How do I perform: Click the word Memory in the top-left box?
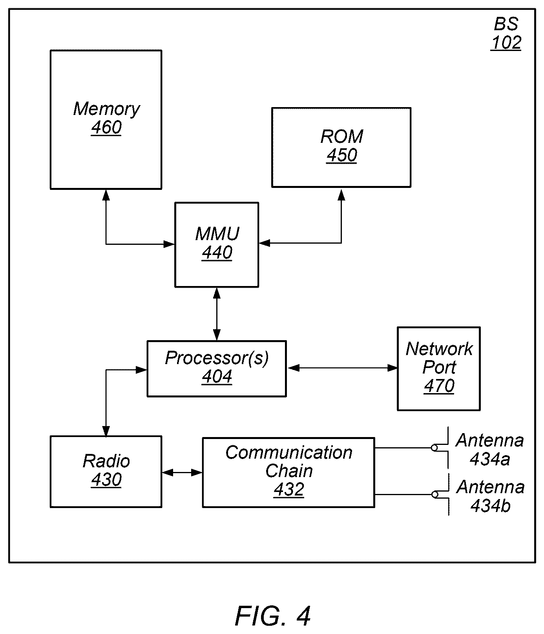click(106, 109)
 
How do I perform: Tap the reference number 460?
click(106, 128)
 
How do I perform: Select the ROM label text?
click(342, 137)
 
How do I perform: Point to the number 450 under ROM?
click(342, 155)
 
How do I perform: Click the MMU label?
click(217, 234)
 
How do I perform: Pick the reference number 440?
click(217, 253)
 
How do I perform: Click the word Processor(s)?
click(217, 358)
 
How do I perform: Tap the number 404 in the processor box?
click(217, 377)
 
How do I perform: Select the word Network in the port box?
click(439, 349)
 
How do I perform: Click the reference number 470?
click(439, 386)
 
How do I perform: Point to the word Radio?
click(106, 461)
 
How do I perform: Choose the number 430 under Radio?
click(106, 480)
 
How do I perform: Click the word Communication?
click(289, 453)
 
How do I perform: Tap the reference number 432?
click(289, 490)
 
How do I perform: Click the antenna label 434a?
click(490, 459)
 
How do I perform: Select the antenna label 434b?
click(490, 506)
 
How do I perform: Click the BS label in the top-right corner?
click(506, 24)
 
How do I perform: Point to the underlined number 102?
click(506, 43)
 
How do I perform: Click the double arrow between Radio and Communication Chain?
click(182, 473)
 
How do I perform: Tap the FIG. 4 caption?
click(273, 616)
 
